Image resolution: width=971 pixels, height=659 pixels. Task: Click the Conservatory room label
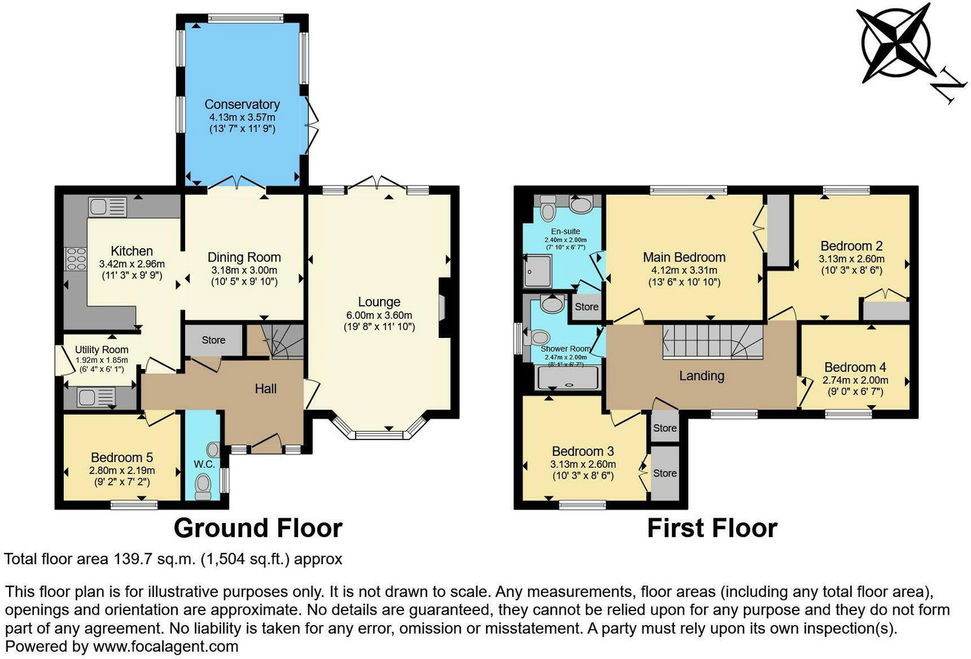(x=242, y=104)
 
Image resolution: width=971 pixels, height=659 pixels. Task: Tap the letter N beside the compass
(x=949, y=92)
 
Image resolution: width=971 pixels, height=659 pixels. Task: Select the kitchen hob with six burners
(x=75, y=259)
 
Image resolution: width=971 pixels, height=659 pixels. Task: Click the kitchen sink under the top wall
(x=107, y=206)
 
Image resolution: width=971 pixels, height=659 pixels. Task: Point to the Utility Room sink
(x=96, y=397)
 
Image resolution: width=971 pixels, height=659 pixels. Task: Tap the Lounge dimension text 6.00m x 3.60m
(x=379, y=315)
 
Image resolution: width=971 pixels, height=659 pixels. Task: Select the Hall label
(x=265, y=389)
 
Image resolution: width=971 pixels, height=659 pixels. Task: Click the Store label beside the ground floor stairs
(x=213, y=340)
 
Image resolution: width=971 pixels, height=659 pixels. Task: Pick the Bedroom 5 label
(x=122, y=458)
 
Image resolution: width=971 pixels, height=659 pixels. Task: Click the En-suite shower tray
(x=538, y=271)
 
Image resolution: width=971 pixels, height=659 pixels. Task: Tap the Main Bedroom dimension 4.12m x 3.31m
(x=684, y=270)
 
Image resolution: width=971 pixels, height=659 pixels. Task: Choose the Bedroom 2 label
(x=851, y=246)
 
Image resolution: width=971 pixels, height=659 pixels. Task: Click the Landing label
(x=702, y=376)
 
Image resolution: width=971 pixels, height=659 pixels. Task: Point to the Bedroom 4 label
(x=855, y=367)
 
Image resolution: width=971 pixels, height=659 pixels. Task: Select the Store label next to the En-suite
(x=586, y=306)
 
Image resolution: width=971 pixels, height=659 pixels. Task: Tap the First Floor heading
(x=712, y=529)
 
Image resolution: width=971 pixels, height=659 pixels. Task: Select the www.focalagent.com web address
(x=166, y=647)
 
